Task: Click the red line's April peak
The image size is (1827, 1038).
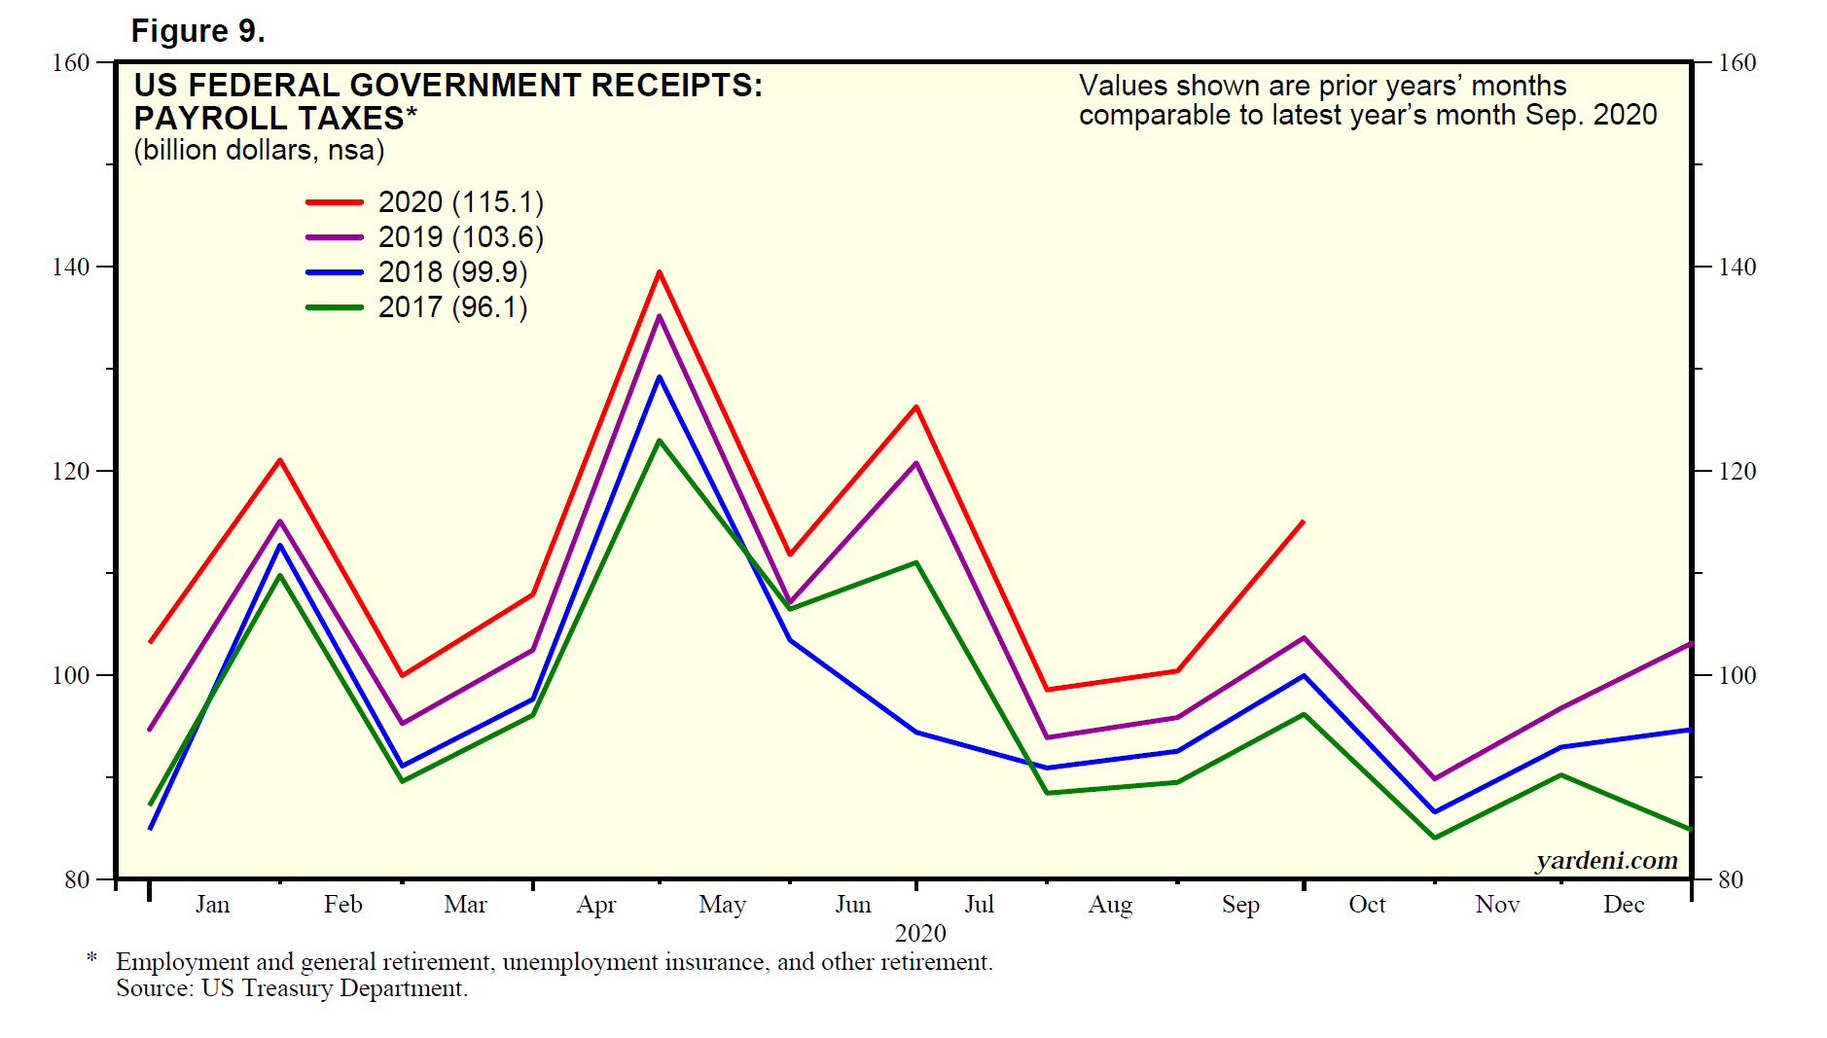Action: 660,272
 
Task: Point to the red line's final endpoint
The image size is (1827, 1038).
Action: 1304,521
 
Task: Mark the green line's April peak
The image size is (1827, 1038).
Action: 660,441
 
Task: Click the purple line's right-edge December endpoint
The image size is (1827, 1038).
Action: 1691,643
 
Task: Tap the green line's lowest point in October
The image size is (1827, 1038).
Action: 1435,838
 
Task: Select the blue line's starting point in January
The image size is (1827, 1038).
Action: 150,829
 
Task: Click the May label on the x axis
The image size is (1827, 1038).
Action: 722,905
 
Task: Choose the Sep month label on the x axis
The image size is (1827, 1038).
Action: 1240,905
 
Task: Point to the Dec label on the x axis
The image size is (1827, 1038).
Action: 1624,905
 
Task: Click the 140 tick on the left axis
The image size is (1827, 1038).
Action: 70,267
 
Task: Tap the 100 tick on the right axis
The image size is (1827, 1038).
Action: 1737,675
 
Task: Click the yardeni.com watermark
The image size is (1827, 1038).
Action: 1607,860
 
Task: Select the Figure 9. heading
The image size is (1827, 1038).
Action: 198,31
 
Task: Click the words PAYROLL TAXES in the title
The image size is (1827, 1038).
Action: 269,119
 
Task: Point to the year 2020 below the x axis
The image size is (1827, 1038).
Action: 920,934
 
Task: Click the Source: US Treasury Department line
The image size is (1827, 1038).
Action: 292,988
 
